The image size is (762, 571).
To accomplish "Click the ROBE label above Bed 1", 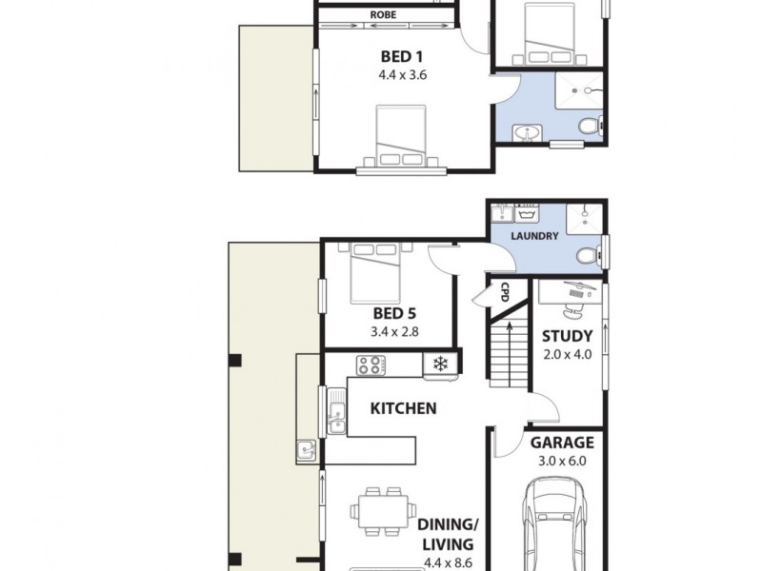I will [x=384, y=15].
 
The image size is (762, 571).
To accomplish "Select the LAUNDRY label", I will [x=534, y=236].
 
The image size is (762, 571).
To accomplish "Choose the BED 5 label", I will [x=394, y=313].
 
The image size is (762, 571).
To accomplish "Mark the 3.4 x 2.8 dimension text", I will [x=394, y=332].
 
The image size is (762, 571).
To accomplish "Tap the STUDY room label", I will [x=567, y=336].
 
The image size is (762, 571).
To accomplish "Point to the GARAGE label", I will [x=562, y=443].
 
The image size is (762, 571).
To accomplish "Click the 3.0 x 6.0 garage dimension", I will [x=562, y=461].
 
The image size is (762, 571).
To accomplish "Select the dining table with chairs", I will [x=383, y=512].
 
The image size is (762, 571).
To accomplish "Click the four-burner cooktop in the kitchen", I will [x=371, y=364].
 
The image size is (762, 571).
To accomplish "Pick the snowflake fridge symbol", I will [x=440, y=364].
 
